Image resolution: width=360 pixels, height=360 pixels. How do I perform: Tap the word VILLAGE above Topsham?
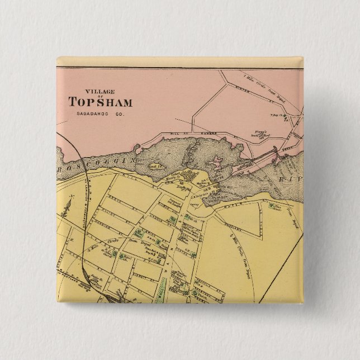point(100,91)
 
